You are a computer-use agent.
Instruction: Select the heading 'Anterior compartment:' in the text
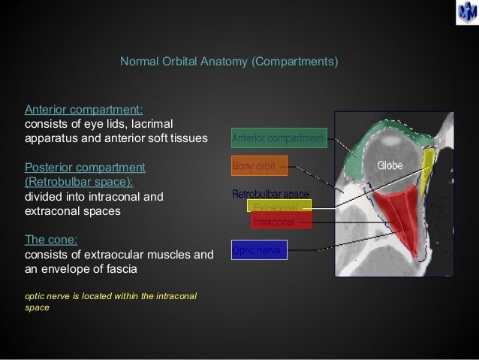click(x=74, y=110)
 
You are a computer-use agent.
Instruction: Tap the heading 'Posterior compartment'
click(x=85, y=167)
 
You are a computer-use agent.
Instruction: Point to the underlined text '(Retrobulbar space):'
click(x=79, y=181)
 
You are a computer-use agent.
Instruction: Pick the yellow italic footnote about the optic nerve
click(x=111, y=301)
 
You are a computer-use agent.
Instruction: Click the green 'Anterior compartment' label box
click(x=279, y=138)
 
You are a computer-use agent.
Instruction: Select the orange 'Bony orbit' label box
click(x=254, y=165)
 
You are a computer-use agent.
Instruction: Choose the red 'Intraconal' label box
click(x=281, y=222)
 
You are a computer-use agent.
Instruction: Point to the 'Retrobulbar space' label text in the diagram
click(x=270, y=194)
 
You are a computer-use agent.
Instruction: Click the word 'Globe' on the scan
click(x=390, y=165)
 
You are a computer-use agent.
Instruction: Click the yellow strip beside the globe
click(x=426, y=169)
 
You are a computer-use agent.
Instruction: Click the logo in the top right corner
click(x=465, y=13)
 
